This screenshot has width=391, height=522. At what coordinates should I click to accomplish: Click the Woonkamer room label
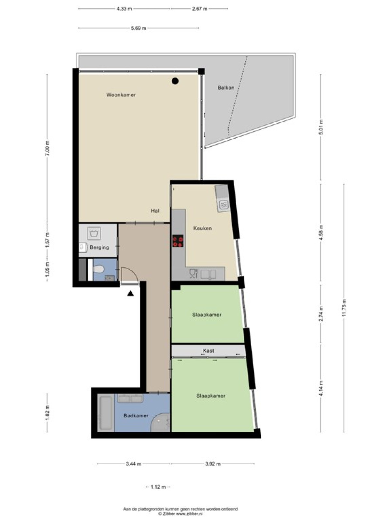coord(121,95)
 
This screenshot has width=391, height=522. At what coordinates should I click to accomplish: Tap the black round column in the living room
coord(175,81)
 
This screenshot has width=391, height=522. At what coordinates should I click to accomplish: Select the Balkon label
coord(226,87)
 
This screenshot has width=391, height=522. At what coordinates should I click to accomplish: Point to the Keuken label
coord(202,228)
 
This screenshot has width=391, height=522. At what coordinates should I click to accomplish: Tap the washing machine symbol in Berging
coord(94,233)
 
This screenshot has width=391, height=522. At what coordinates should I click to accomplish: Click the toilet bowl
coord(98,269)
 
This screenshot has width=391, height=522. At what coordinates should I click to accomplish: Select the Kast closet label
coord(209,350)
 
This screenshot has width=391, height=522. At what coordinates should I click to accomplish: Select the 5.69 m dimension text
coord(139,28)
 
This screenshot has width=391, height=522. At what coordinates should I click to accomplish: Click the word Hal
coord(155,211)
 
